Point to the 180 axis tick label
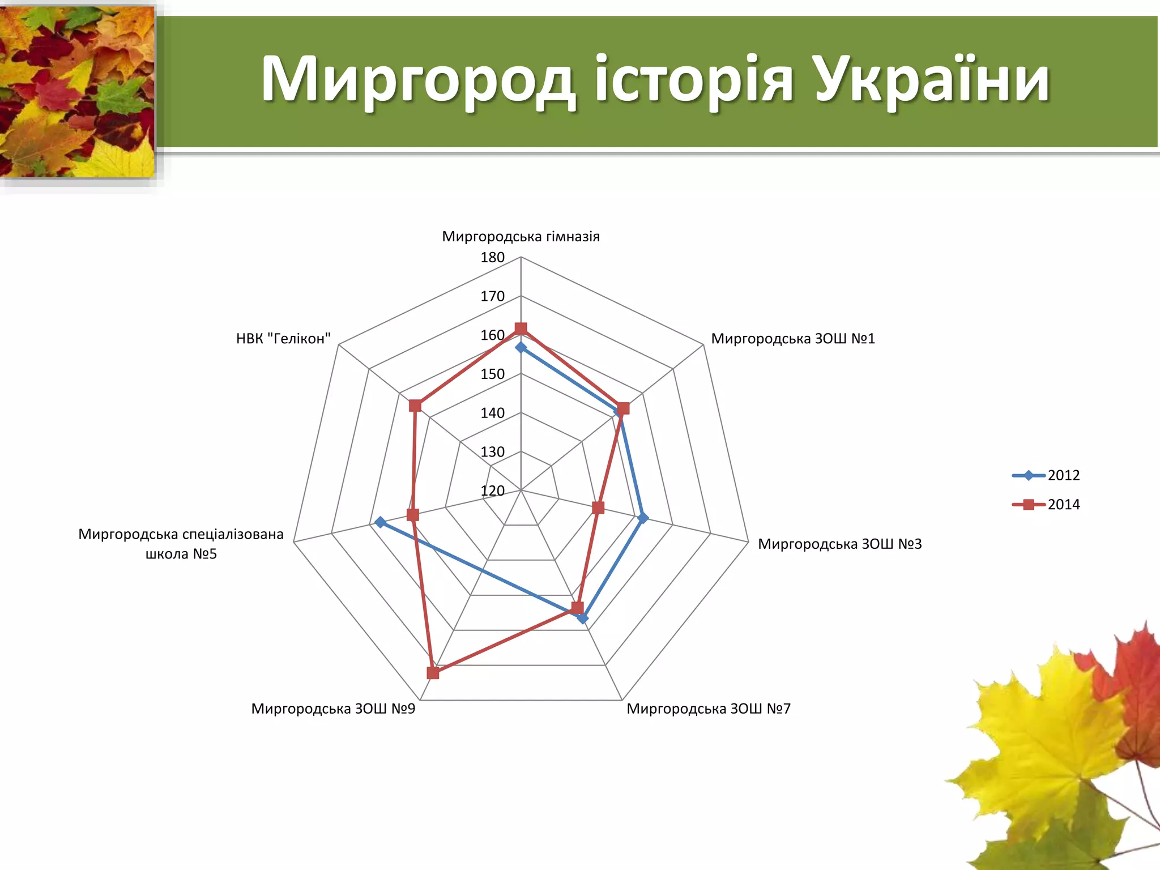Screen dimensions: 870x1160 pos(492,258)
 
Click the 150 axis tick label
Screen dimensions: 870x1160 pos(492,374)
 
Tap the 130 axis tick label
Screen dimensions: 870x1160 pos(492,452)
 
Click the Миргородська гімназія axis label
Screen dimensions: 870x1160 pos(521,236)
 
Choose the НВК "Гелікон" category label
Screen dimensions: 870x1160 pos(283,339)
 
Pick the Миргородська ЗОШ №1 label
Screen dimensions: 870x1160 pos(793,339)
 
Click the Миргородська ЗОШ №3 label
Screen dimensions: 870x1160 pos(839,544)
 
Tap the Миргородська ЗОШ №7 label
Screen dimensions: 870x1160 pos(708,709)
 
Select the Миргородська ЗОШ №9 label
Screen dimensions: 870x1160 pos(333,709)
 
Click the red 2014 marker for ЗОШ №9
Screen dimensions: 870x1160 pos(433,673)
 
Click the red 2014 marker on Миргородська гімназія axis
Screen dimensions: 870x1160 pos(521,329)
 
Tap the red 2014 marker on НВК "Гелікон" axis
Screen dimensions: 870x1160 pos(415,406)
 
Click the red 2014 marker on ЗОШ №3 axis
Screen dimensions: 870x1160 pos(598,507)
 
